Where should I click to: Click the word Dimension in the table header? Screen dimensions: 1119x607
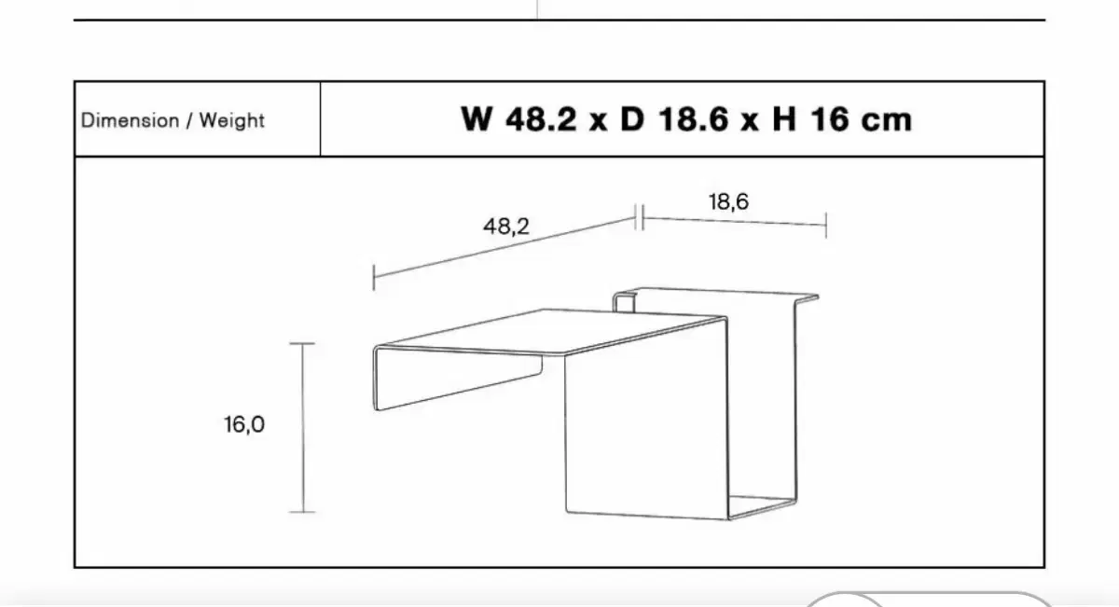pos(130,120)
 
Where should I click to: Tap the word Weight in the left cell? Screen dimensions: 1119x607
pos(232,121)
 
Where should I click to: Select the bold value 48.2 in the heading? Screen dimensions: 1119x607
pos(541,119)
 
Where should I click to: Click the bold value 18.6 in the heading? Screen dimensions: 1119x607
pos(693,119)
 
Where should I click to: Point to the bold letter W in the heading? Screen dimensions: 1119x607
pos(477,119)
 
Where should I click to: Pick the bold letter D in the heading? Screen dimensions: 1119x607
pos(632,119)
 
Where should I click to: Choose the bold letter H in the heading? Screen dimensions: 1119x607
pos(784,119)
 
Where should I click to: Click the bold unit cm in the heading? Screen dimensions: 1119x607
pos(887,123)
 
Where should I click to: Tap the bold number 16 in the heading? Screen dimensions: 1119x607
pos(830,119)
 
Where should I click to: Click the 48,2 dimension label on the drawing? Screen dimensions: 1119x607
pos(506,227)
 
